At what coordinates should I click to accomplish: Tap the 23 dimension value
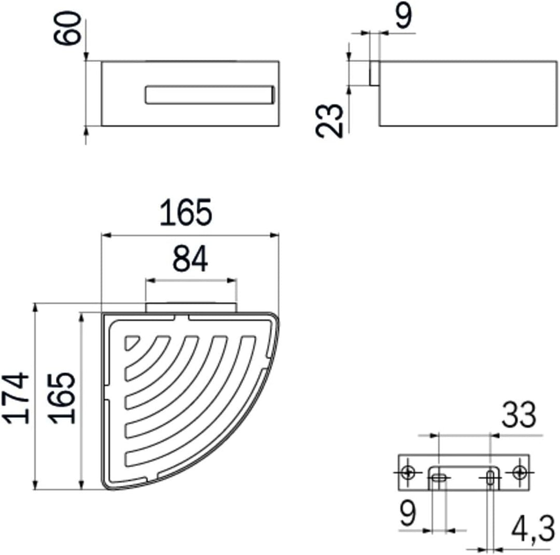tap(329, 120)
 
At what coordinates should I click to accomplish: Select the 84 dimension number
tap(190, 259)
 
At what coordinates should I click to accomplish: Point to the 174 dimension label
tap(16, 398)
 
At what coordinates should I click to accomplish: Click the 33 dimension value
tap(519, 415)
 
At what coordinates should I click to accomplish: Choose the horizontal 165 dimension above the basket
tap(186, 213)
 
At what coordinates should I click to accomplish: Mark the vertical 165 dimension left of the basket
tap(62, 398)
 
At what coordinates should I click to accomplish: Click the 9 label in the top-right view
tap(403, 16)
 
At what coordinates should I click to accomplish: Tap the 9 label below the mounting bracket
tap(408, 513)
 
